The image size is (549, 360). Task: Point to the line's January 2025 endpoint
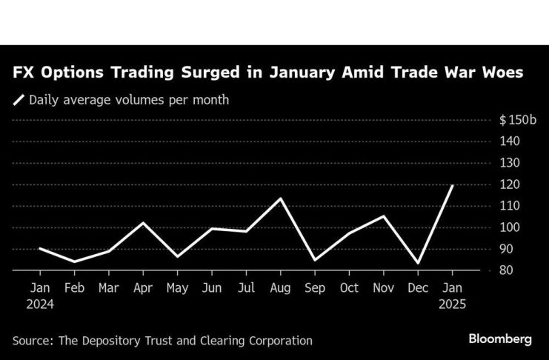452,185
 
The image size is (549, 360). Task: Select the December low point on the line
419,263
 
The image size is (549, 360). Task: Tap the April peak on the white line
144,222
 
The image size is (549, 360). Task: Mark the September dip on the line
315,260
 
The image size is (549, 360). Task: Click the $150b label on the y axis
514,120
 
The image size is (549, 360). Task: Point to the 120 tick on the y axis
509,184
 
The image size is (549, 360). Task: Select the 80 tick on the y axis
506,271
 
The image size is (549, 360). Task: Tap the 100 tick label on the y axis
509,227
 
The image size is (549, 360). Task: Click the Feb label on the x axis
75,287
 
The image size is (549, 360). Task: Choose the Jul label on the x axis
247,287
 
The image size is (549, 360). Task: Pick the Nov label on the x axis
384,287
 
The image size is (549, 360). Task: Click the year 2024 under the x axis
39,303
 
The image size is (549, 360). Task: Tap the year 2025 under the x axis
452,303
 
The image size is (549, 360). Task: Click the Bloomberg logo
500,339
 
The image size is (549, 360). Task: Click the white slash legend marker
18,100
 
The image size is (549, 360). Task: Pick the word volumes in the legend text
133,100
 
